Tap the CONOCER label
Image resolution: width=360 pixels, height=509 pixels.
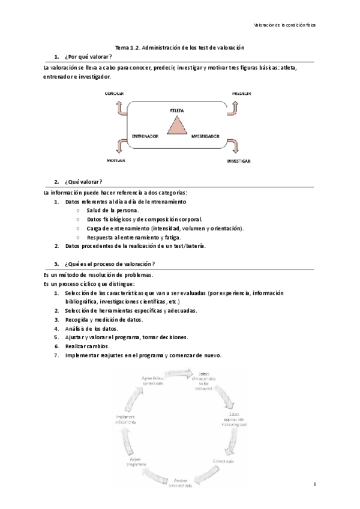tap(114, 94)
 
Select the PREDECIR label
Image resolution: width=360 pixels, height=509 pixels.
tap(241, 94)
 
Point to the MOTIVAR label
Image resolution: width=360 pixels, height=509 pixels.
tap(115, 161)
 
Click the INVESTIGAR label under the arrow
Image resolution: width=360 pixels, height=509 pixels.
tap(239, 162)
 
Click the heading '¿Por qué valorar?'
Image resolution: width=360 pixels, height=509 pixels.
tap(83, 56)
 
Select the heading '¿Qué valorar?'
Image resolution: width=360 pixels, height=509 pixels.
tap(80, 182)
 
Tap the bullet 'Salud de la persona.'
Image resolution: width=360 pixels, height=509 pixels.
tap(113, 210)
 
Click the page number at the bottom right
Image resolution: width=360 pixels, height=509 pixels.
tap(314, 483)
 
